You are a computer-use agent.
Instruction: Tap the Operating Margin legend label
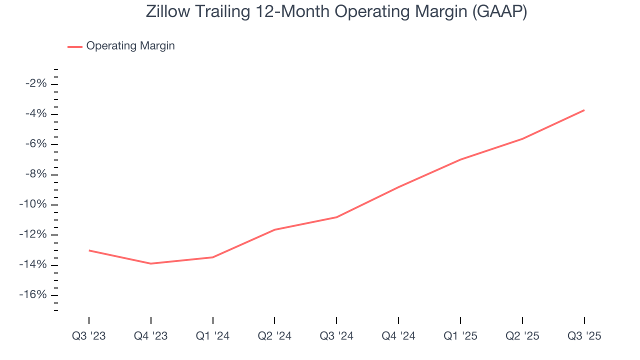click(130, 46)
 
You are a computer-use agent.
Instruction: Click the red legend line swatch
click(75, 46)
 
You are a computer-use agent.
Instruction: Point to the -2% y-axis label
click(36, 83)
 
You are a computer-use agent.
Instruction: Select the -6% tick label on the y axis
click(36, 144)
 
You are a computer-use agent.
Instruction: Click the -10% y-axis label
click(34, 204)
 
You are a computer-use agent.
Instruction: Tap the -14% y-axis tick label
click(34, 265)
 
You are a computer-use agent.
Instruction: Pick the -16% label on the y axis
click(34, 295)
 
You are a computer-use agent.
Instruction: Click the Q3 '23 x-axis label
click(89, 336)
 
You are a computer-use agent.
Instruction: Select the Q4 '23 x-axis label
click(150, 336)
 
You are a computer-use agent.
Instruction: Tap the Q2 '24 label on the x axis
click(274, 336)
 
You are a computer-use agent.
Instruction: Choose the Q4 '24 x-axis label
click(398, 336)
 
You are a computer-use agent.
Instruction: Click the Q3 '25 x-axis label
click(584, 336)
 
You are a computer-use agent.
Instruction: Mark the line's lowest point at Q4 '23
click(150, 263)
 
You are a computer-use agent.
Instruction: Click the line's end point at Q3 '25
click(584, 110)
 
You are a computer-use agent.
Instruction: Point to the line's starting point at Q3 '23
click(89, 250)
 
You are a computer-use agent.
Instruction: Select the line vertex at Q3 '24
click(336, 217)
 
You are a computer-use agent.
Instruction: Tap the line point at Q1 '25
click(460, 159)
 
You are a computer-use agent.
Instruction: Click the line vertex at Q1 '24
click(212, 257)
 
